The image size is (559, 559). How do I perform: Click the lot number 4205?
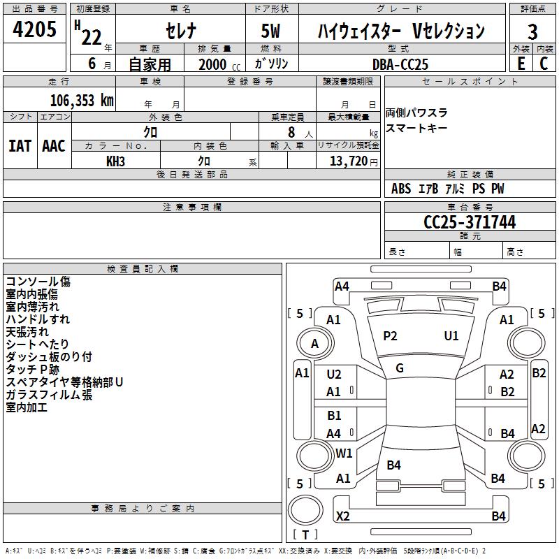[34, 29]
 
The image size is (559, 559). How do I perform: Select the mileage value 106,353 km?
[82, 101]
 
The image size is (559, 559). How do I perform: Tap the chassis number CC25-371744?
[470, 222]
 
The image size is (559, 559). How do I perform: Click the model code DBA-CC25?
[400, 64]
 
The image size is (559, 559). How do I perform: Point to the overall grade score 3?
[532, 32]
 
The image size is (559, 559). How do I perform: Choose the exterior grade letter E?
[521, 64]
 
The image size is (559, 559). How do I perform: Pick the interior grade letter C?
[544, 64]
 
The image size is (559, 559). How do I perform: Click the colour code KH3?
[115, 161]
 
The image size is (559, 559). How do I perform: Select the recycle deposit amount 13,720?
[349, 161]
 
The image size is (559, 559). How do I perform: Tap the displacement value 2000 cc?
[219, 64]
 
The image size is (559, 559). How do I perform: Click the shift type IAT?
[20, 146]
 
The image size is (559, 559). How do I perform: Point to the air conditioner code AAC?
[54, 146]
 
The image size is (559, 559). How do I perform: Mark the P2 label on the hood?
[390, 336]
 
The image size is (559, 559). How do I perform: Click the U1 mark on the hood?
[451, 336]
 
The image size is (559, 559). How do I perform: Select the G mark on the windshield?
[400, 368]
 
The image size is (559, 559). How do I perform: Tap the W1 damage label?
[344, 453]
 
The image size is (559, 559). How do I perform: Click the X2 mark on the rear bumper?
[343, 516]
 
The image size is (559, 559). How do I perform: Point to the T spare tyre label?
[305, 535]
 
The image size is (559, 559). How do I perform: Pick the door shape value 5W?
[270, 31]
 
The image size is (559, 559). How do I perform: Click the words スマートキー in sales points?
[416, 128]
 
